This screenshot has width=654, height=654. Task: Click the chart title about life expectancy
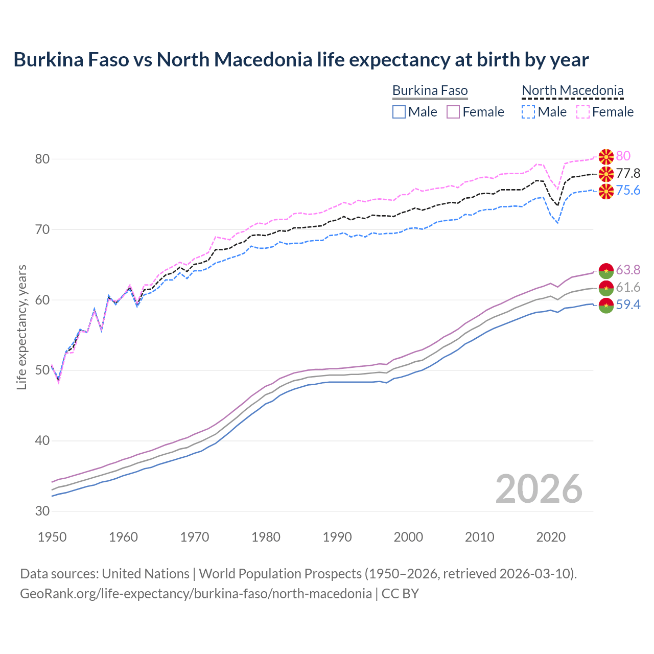301,60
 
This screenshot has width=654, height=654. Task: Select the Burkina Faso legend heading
430,91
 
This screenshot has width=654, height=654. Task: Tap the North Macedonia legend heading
572,91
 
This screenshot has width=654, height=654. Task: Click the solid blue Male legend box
399,112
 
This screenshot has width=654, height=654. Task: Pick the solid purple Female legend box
453,112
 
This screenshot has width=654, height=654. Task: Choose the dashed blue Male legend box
528,112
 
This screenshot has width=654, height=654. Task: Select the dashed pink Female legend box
582,112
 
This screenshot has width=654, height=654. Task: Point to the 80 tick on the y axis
42,159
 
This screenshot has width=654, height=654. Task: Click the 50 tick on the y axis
42,370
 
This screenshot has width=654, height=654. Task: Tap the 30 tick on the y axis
42,511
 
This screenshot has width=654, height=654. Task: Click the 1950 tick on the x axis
52,537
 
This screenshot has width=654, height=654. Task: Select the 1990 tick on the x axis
337,537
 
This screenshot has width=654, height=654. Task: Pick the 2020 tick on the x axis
551,537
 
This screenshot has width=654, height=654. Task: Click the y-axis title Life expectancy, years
22,327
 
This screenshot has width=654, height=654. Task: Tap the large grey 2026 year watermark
539,489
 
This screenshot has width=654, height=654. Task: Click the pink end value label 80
623,156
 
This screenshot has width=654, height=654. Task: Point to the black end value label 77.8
628,174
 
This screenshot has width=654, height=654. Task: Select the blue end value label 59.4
628,305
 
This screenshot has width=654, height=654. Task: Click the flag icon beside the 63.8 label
606,270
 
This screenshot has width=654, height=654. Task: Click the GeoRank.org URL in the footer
196,594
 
